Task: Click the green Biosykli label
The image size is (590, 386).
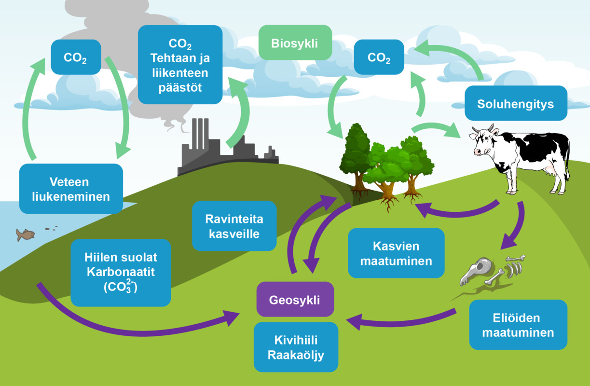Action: tap(295, 43)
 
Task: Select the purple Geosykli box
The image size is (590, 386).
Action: tap(295, 300)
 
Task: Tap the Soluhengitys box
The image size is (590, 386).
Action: tap(515, 104)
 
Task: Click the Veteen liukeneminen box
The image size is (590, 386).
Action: tap(71, 189)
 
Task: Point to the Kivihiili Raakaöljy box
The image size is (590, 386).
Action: tap(296, 347)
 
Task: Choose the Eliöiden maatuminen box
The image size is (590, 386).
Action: tap(518, 325)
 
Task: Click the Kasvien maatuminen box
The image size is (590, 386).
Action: tap(396, 253)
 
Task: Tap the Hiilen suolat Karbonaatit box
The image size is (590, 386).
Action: tap(121, 273)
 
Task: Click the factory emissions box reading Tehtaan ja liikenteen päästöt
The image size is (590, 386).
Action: tap(179, 65)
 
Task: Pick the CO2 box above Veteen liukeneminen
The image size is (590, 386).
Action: tap(75, 57)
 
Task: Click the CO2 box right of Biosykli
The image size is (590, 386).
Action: tap(379, 57)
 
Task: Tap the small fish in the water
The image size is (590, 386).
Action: tap(25, 234)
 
